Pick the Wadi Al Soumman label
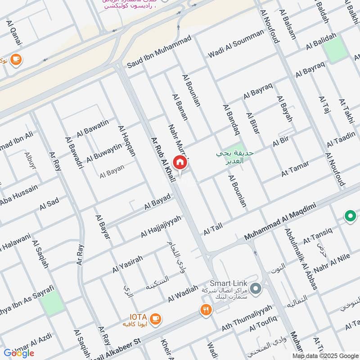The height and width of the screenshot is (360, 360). [235, 44]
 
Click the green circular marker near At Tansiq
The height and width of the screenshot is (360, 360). [350, 216]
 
